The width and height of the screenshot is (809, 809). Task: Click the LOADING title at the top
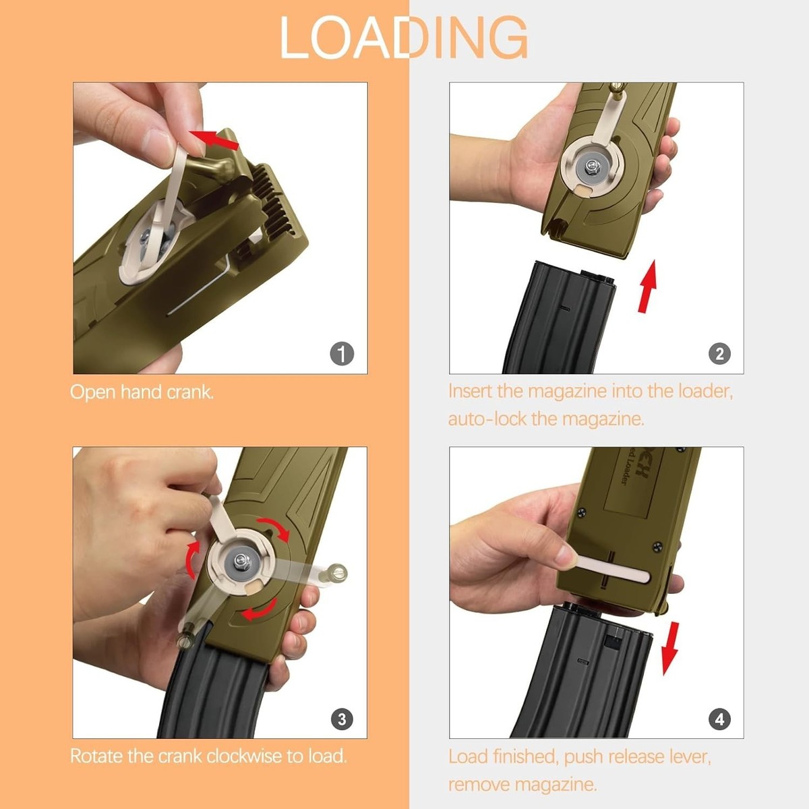coord(403,38)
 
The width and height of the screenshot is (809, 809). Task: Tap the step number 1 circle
coord(342,353)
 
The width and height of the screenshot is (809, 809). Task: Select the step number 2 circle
coord(719,353)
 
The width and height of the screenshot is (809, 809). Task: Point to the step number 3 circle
coord(342,719)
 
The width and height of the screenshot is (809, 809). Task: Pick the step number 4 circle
coord(719,719)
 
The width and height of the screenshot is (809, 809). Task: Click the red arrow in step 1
coord(215,140)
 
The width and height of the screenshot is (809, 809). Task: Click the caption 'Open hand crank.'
coord(142,392)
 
